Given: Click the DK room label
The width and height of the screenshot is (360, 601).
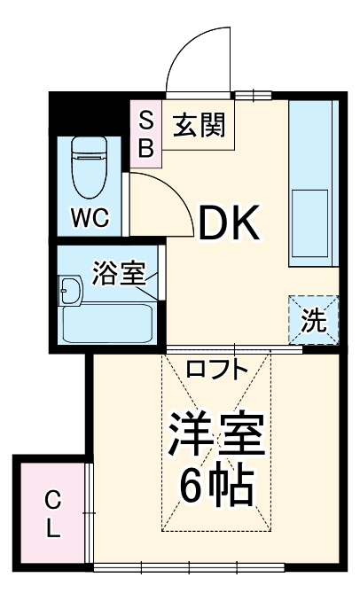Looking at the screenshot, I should [x=228, y=225].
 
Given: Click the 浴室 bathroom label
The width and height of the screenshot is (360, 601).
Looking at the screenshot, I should [x=117, y=274].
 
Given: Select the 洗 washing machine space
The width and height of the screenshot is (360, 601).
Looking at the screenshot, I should [x=313, y=320].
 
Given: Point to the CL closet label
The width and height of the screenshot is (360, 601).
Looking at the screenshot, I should [x=53, y=513].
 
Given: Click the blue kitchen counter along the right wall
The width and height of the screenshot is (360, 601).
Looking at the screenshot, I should [x=312, y=182].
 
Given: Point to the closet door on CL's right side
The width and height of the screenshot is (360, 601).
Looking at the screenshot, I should [x=90, y=512].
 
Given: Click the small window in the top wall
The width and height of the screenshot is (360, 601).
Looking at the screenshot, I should [x=252, y=94].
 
